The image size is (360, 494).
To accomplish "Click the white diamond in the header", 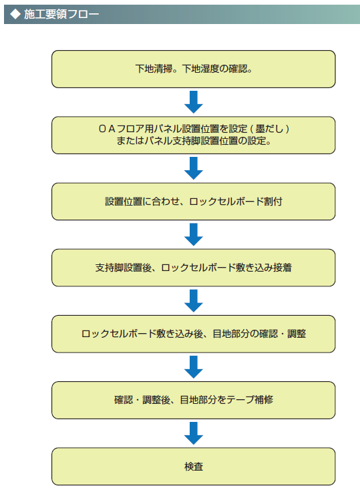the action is coord(15,14).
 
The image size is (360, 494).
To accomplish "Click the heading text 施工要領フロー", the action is coord(61,14).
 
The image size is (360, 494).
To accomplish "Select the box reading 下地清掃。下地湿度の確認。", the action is coord(194,69).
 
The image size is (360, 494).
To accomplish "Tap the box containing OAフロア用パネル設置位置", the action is coord(194,135).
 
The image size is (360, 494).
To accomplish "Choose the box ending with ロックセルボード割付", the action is coord(194,202).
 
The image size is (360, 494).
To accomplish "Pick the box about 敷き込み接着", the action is coord(194,268).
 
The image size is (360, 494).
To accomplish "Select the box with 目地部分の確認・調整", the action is coord(194,334).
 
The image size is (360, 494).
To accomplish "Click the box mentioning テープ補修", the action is coord(194,400).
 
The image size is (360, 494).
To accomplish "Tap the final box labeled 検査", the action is coord(194,466).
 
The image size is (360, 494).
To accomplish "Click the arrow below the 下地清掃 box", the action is coord(194,102).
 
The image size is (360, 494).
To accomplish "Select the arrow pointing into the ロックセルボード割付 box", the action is coord(194,168).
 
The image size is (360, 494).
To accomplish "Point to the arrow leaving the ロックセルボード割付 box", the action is coord(194,234).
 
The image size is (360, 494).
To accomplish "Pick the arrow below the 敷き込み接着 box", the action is coord(194,301).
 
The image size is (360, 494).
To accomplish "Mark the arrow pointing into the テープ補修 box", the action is coord(194,367).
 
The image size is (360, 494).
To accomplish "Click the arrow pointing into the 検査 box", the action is coord(194,433).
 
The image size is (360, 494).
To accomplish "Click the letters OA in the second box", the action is coord(107,129).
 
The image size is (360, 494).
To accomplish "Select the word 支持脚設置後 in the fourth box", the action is coord(124,268).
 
